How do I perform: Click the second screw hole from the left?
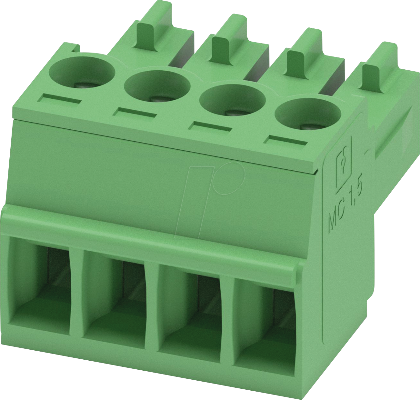click(x=157, y=85)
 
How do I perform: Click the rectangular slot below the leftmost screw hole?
click(x=59, y=98)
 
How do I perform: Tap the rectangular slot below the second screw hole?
click(x=135, y=112)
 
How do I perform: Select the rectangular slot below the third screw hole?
click(x=210, y=126)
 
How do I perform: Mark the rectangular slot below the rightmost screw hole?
click(x=286, y=141)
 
